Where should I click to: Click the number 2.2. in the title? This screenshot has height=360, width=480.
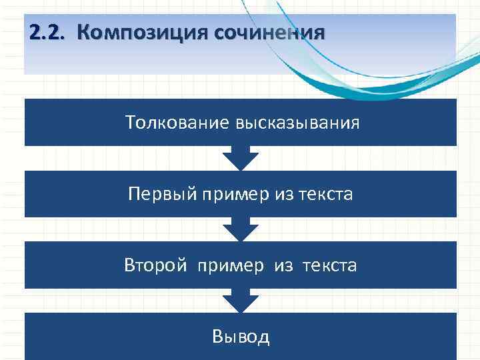pyautogui.click(x=47, y=33)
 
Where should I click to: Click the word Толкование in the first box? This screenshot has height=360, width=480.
pyautogui.click(x=176, y=123)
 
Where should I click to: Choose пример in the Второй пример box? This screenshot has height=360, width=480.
pyautogui.click(x=231, y=265)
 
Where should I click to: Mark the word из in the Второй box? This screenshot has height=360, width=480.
pyautogui.click(x=283, y=265)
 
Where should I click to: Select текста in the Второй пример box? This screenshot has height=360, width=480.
pyautogui.click(x=330, y=265)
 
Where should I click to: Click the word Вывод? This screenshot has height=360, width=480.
pyautogui.click(x=241, y=336)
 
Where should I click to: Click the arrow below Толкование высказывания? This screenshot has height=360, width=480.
pyautogui.click(x=240, y=158)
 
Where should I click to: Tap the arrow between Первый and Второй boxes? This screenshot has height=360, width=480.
pyautogui.click(x=240, y=229)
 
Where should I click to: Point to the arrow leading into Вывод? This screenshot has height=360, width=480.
pyautogui.click(x=240, y=301)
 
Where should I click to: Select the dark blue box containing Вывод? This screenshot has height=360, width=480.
pyautogui.click(x=100, y=336)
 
